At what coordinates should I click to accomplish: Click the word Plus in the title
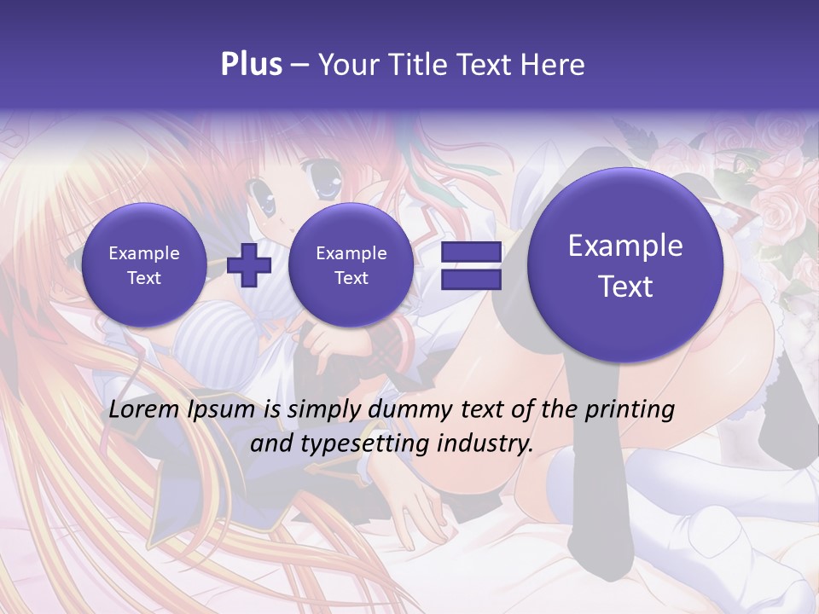(x=251, y=65)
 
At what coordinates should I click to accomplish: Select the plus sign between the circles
(x=249, y=265)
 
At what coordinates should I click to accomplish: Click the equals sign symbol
(x=470, y=265)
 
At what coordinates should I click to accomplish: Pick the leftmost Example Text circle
(x=144, y=265)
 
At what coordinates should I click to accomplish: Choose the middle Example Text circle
(x=351, y=265)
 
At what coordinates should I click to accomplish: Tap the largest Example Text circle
(x=625, y=265)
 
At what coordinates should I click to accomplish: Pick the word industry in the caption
(x=487, y=443)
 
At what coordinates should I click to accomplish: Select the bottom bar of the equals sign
(x=470, y=279)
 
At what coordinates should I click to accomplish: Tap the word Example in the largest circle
(x=625, y=246)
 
